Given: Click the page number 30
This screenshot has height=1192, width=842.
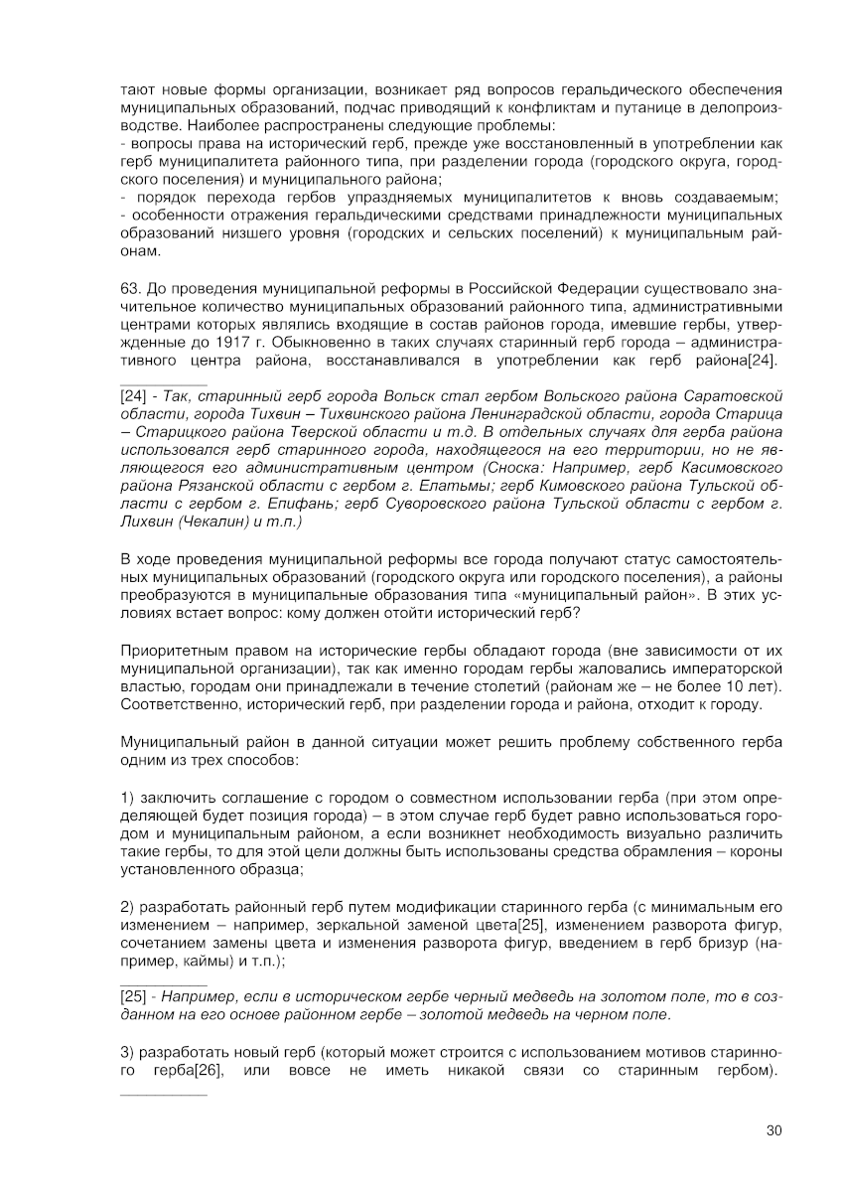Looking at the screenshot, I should click(x=774, y=1129).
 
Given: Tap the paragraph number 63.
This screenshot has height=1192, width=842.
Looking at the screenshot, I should click(x=128, y=289).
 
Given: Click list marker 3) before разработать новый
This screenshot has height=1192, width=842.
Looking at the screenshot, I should click(x=126, y=1052).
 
